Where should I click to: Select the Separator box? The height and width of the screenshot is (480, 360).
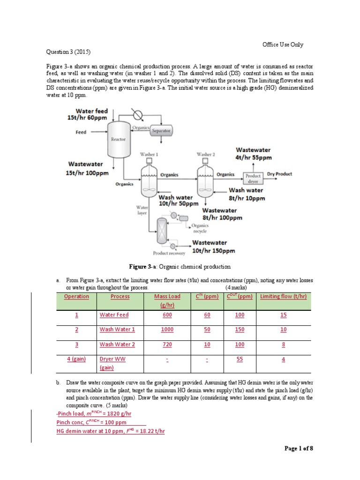click(x=161, y=131)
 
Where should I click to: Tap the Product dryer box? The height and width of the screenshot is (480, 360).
click(x=253, y=179)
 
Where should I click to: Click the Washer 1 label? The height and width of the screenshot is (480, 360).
click(x=149, y=154)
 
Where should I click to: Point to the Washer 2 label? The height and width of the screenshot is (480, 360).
click(x=205, y=154)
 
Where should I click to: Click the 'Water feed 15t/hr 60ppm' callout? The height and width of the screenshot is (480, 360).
click(x=88, y=114)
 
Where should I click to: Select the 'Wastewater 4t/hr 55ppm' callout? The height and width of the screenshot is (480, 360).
click(x=253, y=154)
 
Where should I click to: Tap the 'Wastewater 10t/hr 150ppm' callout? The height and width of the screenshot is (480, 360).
click(x=213, y=247)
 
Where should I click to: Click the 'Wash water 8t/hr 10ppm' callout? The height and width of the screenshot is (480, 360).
click(x=246, y=194)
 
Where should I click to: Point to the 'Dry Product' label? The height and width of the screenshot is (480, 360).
click(x=279, y=174)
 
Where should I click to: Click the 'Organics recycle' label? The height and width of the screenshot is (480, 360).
click(x=200, y=229)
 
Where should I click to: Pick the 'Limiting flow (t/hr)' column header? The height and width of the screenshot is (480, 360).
click(x=283, y=296)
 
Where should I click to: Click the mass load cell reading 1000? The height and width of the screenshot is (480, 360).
click(x=167, y=330)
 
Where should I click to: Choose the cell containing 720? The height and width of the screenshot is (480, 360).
click(x=167, y=344)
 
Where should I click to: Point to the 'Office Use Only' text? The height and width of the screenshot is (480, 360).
click(x=283, y=45)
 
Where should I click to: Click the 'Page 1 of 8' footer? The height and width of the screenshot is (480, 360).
click(x=299, y=449)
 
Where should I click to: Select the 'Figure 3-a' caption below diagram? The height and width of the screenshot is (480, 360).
click(x=180, y=267)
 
